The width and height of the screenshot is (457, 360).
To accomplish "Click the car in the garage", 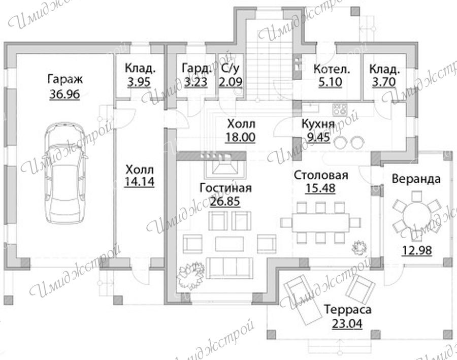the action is (65, 173).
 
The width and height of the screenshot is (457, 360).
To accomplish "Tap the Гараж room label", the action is (65, 79).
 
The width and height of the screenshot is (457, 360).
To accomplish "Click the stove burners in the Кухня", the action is (340, 109).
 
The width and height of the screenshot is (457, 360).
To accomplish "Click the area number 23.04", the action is (347, 323).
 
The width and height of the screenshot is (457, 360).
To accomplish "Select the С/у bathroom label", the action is (230, 69).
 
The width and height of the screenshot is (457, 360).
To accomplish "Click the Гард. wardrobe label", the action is (196, 69).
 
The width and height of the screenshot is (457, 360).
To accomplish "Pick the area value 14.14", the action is (139, 181).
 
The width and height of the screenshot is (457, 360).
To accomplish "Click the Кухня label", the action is (318, 123).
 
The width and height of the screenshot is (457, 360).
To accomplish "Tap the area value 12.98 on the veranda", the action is (417, 250).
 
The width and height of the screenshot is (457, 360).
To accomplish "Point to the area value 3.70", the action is (384, 82).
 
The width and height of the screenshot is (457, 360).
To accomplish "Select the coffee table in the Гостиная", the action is (230, 244).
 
